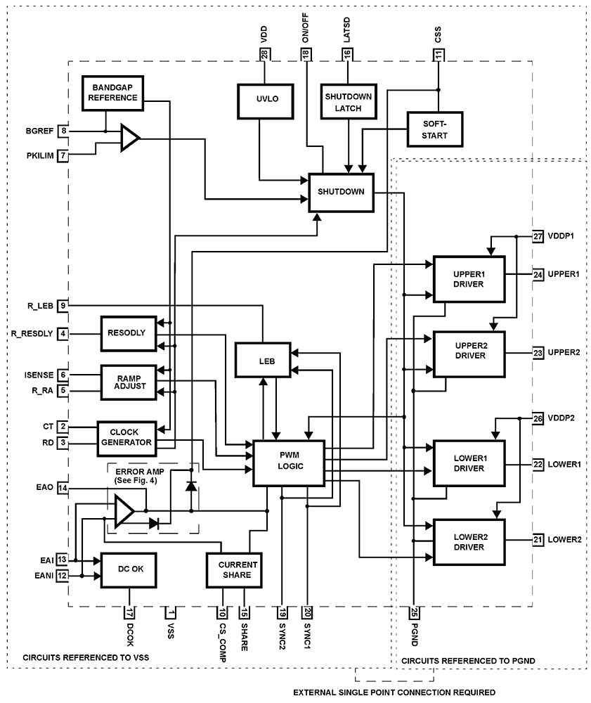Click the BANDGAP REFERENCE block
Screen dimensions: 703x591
point(112,93)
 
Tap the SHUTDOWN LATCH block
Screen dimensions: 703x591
point(347,102)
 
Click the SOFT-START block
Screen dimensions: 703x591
point(435,129)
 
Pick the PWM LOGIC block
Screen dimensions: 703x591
point(288,463)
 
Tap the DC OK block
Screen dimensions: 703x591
point(129,569)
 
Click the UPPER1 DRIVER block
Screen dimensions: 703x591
point(469,278)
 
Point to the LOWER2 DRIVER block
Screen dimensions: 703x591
point(469,541)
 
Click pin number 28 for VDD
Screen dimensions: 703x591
point(264,56)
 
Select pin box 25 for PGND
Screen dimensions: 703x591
point(413,612)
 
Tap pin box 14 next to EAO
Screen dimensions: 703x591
point(63,488)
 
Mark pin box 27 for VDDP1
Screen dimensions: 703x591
point(538,236)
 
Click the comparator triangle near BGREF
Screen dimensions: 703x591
point(129,138)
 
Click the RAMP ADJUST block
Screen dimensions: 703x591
point(127,382)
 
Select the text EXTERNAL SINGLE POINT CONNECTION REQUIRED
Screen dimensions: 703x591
point(394,692)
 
